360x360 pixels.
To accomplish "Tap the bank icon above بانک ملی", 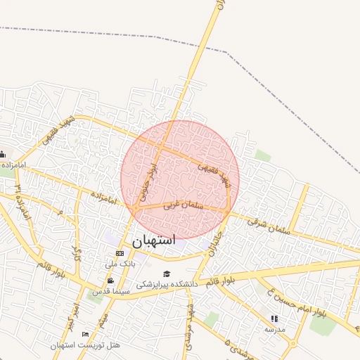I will pyautogui.click(x=120, y=253).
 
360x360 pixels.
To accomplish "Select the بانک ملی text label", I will pyautogui.click(x=120, y=264).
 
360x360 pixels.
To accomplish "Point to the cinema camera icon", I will pyautogui.click(x=110, y=281).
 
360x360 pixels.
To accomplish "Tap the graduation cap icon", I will pyautogui.click(x=167, y=274).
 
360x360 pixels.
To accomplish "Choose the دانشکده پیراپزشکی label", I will pyautogui.click(x=167, y=284).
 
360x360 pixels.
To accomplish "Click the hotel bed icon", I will pyautogui.click(x=86, y=334).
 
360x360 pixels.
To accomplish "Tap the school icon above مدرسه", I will pyautogui.click(x=274, y=319).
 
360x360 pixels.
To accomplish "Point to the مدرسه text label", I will pyautogui.click(x=275, y=328).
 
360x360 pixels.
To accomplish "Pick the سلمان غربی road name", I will pyautogui.click(x=183, y=205).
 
